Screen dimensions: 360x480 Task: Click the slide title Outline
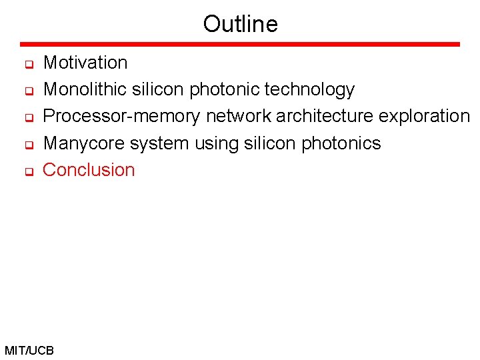point(240,24)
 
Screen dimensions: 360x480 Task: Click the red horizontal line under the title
point(240,44)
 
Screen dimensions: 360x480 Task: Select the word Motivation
point(85,63)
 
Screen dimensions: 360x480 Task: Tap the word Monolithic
point(85,89)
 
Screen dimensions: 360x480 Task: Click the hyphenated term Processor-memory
point(121,117)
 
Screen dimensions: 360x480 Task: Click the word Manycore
point(84,143)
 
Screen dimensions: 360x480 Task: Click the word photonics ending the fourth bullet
point(341,143)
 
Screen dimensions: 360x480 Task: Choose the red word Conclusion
point(89,170)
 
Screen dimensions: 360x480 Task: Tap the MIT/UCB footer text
point(29,350)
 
